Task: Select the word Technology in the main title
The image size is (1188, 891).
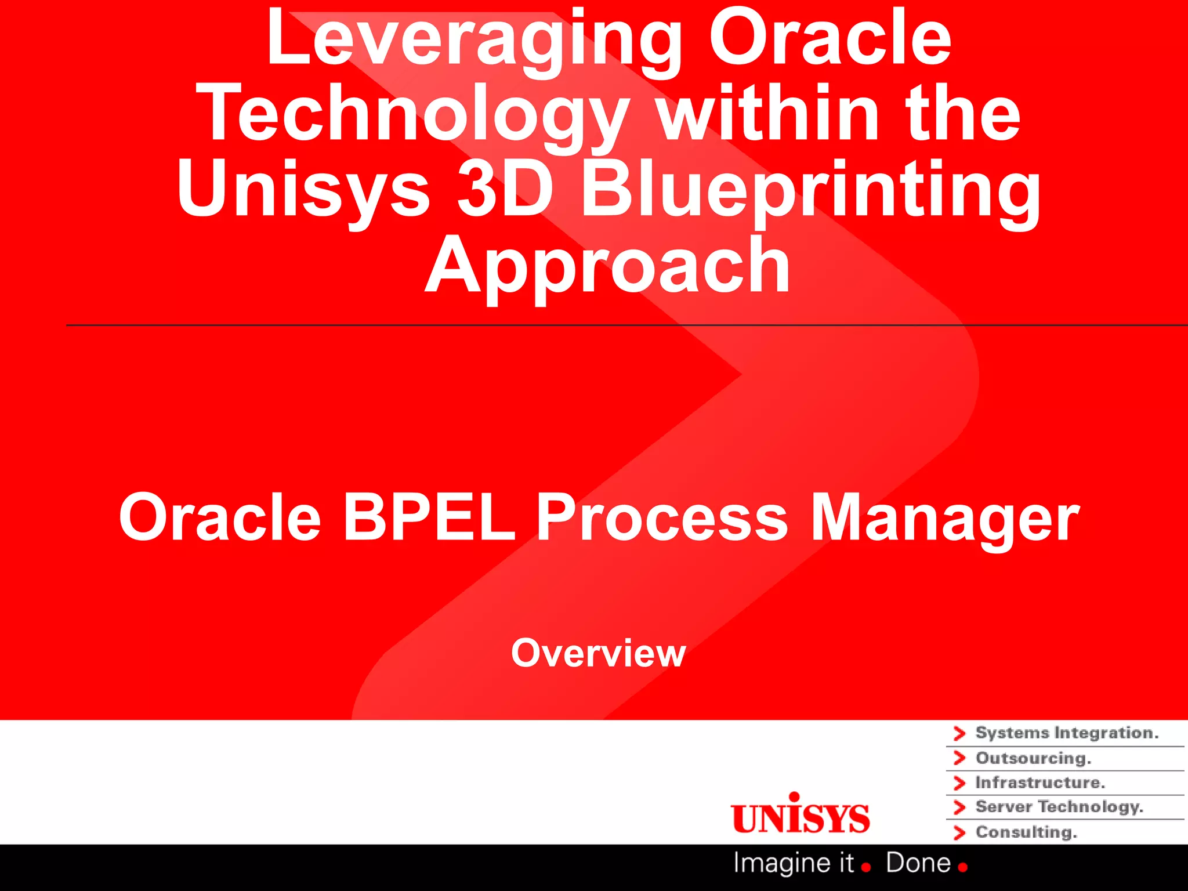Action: [413, 114]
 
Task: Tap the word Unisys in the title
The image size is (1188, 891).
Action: [303, 190]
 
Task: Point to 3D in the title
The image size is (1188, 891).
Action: [505, 189]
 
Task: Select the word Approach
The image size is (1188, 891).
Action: [607, 266]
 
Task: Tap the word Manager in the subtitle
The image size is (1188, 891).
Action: [944, 518]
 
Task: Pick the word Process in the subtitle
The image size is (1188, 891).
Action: [661, 517]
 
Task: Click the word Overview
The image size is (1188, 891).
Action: [598, 653]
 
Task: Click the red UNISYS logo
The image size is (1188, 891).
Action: [801, 815]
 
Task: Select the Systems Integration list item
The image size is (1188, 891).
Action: [1066, 733]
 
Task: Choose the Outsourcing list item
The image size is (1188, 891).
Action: [1033, 758]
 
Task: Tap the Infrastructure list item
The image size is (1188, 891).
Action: [1039, 783]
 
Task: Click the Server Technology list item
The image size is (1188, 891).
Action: [1059, 807]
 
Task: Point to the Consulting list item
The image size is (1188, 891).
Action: [1026, 832]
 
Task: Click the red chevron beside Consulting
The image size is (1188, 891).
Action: [959, 832]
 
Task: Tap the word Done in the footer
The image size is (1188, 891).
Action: [918, 863]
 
